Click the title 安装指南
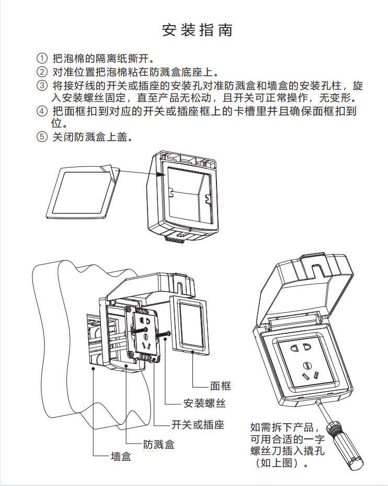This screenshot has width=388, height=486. pos(197,30)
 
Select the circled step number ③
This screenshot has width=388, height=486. pos(41,85)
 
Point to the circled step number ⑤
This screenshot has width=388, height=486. pos(41,138)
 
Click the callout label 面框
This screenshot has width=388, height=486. pos(220,386)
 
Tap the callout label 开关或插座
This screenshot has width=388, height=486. pos(198,425)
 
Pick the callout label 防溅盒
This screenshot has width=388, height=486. pos(159,444)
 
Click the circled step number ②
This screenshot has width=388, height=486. pos(41,72)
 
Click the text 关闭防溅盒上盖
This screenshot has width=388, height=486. pos(92,138)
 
